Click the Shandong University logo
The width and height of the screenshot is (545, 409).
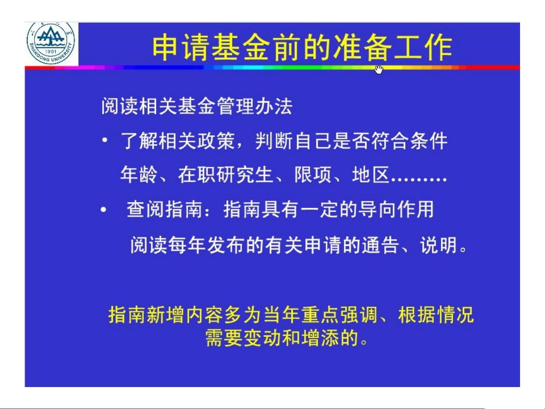[51, 43]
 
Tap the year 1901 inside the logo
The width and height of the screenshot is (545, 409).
[51, 52]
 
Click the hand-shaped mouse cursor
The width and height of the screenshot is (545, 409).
[379, 70]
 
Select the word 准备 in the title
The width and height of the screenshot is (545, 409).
[362, 47]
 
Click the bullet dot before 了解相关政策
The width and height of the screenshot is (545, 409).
[105, 140]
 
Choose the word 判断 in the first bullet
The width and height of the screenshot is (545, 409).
[274, 141]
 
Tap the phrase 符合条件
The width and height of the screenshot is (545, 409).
[409, 141]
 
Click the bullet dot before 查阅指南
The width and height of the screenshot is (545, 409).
[104, 210]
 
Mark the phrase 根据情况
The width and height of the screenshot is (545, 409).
[436, 315]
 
